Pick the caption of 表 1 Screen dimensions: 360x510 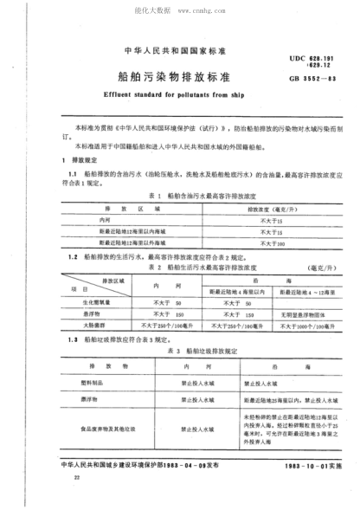[x=183, y=196]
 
